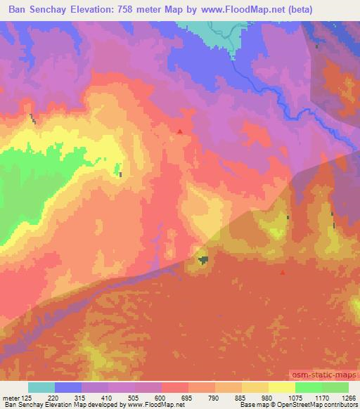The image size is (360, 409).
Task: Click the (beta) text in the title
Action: (x=297, y=9)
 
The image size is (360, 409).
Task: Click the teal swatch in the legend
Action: (x=41, y=387)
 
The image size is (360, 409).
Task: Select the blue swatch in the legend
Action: (x=68, y=387)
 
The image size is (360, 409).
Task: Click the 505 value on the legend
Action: (x=134, y=398)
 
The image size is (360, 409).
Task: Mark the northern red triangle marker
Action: (x=181, y=131)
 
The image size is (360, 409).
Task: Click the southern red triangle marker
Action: (x=283, y=273)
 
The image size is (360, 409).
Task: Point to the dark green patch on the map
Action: (x=203, y=261)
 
